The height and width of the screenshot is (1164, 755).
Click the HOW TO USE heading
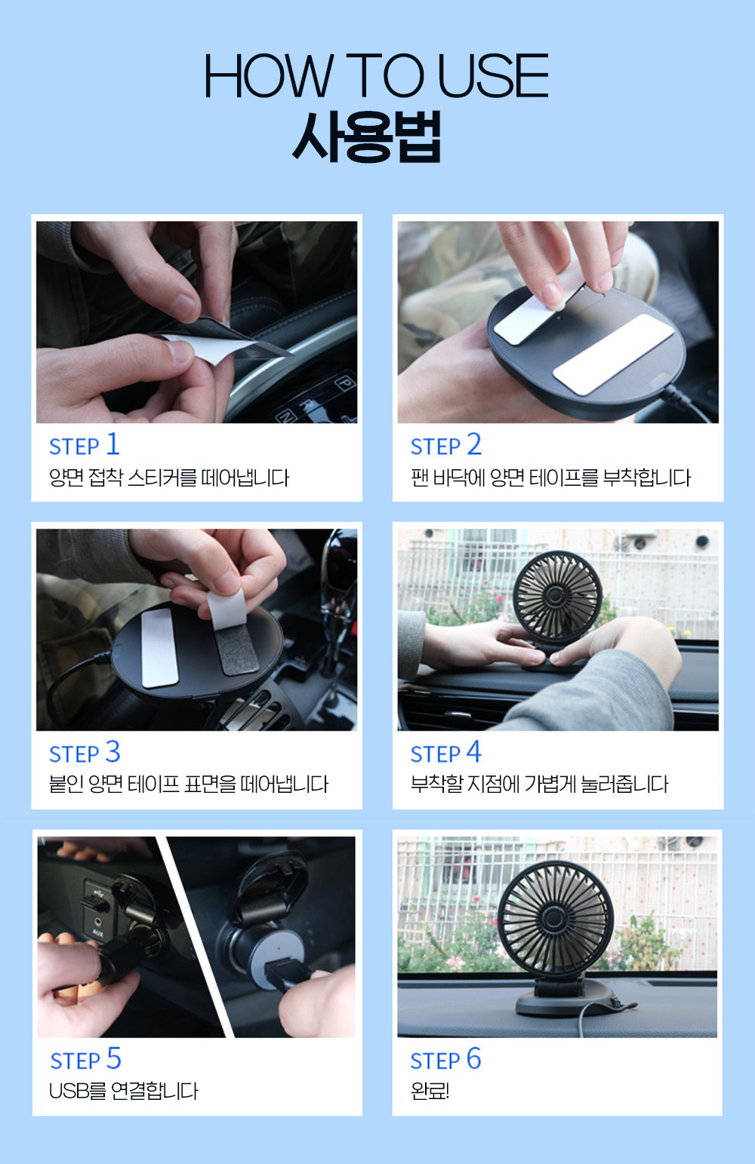[x=377, y=75]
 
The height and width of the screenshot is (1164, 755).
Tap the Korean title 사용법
[x=367, y=137]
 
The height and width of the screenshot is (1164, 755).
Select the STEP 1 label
[x=85, y=445]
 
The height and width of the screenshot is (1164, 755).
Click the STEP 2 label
[x=445, y=445]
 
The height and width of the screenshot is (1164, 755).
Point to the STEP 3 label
[x=85, y=752]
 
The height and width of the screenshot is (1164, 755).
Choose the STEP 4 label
[x=445, y=752]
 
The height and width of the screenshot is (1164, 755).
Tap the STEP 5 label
[x=86, y=1059]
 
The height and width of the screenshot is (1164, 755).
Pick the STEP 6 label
[x=445, y=1059]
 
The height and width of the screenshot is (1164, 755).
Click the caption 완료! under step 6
[x=430, y=1092]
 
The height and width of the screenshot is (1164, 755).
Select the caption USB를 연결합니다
[x=124, y=1092]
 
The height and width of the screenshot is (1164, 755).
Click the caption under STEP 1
[x=169, y=478]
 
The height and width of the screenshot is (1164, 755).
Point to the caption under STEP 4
[x=539, y=784]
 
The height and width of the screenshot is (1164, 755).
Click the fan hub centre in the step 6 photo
[x=555, y=917]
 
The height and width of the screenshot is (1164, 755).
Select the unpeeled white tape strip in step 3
[x=159, y=647]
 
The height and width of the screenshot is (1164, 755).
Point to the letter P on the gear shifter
[x=344, y=384]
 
